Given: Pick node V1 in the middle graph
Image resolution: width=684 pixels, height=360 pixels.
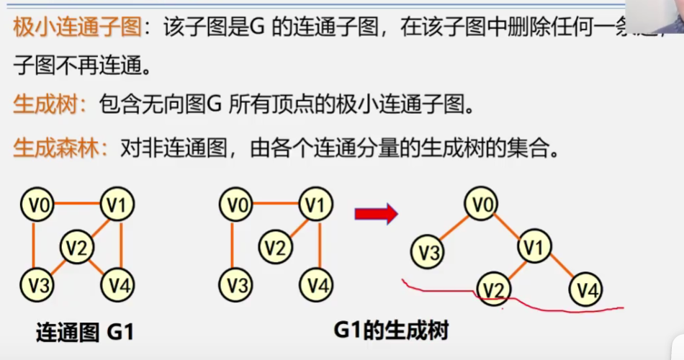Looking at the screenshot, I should (315, 207).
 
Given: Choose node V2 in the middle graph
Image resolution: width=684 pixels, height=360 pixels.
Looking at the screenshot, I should (275, 248).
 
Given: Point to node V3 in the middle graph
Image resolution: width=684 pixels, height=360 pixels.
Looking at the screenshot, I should (235, 285).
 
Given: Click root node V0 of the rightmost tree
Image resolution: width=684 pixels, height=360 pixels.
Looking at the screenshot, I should (481, 205).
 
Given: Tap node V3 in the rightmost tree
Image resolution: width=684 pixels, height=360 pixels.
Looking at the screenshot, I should (428, 252).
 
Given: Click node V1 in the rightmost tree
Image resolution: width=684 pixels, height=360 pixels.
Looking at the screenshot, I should (534, 248).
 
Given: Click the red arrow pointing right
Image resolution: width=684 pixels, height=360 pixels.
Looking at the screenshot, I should (376, 213).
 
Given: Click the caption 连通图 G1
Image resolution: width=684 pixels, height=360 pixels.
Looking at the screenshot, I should (85, 333).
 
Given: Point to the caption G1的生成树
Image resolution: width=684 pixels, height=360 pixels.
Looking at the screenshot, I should (391, 331).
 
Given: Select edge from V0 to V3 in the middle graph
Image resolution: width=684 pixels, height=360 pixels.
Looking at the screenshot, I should (232, 245).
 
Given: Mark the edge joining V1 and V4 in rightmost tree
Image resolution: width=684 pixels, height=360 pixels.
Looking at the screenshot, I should (560, 270).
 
